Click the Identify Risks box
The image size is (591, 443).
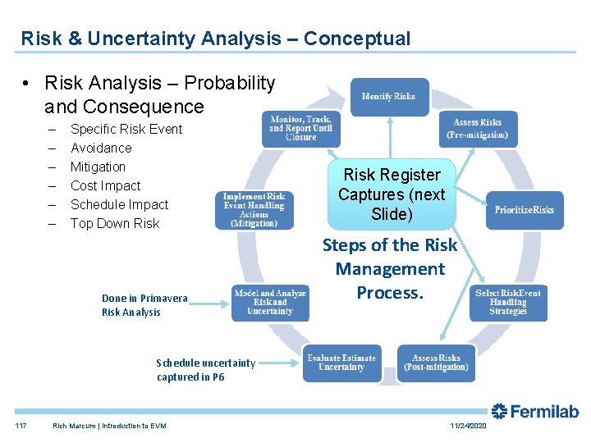389,97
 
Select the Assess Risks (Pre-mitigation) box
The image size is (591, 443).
477,129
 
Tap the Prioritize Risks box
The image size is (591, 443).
525,210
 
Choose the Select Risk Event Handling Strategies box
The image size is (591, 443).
507,302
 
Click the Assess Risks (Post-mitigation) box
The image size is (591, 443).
435,363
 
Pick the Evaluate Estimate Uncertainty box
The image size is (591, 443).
341,363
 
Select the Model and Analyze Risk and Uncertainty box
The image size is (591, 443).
270,302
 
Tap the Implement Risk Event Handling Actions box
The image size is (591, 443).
254,210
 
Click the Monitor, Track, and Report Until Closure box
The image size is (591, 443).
300,128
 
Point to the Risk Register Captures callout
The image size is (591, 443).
392,194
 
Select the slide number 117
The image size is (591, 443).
20,426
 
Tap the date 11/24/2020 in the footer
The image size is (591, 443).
468,426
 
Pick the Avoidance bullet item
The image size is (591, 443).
101,148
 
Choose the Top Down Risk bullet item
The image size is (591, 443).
115,223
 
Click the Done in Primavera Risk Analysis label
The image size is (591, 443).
144,305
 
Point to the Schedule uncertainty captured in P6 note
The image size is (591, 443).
205,370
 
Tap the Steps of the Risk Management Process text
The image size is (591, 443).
390,269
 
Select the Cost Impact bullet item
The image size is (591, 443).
105,185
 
